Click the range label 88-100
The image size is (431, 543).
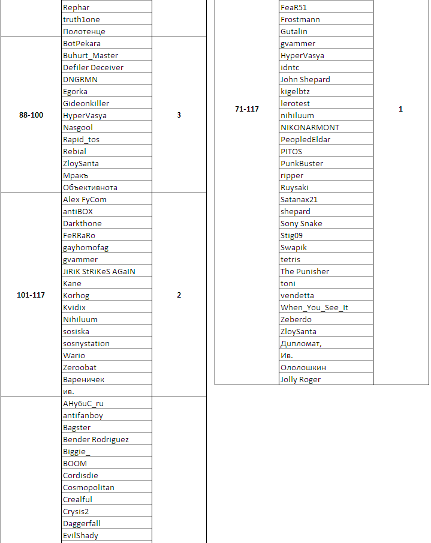[31, 115]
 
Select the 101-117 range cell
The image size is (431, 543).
[31, 295]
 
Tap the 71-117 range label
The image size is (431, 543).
[247, 109]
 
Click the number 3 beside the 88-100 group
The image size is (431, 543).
[179, 115]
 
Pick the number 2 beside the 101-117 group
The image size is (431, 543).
[179, 295]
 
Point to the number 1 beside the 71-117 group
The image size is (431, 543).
[400, 109]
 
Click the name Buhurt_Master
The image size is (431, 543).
[91, 56]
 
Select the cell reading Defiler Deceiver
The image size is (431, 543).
[93, 68]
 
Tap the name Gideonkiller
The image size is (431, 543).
[86, 104]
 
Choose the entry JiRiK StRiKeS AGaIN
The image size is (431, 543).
[99, 272]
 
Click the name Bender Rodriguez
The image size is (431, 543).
[96, 440]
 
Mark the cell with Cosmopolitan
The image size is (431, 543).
[89, 488]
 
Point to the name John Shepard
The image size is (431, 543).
[305, 80]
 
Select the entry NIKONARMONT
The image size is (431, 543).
[310, 128]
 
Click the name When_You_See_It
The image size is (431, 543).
[315, 308]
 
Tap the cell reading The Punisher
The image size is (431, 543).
[305, 272]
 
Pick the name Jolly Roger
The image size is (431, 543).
[300, 380]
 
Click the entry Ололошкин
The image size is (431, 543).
[303, 368]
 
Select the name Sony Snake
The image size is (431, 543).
[302, 224]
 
